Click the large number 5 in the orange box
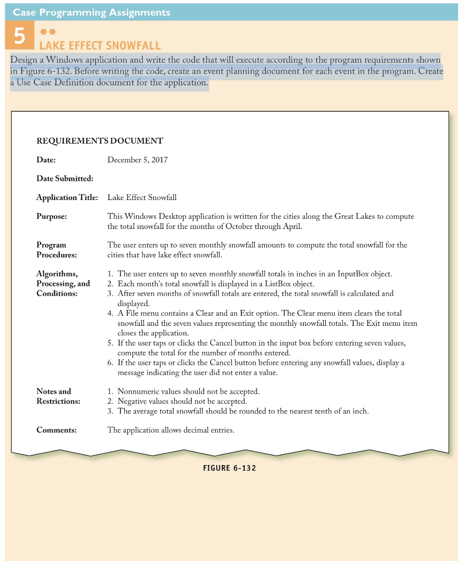pyautogui.click(x=19, y=37)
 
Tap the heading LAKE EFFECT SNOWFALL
pyautogui.click(x=100, y=46)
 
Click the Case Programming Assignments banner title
pyautogui.click(x=92, y=12)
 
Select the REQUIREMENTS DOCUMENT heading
pyautogui.click(x=100, y=141)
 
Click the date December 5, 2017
pyautogui.click(x=137, y=160)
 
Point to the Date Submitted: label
pyautogui.click(x=65, y=178)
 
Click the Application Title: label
pyautogui.click(x=67, y=197)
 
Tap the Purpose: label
pyautogui.click(x=52, y=216)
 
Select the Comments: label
pyautogui.click(x=56, y=430)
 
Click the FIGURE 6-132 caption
pyautogui.click(x=229, y=468)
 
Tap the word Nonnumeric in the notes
pyautogui.click(x=138, y=391)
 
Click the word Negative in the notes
pyautogui.click(x=133, y=401)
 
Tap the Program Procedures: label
pyautogui.click(x=56, y=250)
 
